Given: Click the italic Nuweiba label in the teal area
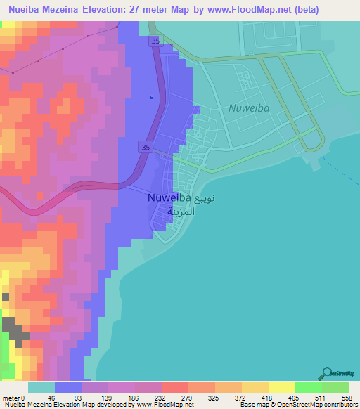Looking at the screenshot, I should pos(248,108).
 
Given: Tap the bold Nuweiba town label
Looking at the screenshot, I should pos(169,198).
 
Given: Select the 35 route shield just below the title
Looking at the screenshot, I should pos(154,42).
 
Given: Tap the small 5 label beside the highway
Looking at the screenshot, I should pos(150,97).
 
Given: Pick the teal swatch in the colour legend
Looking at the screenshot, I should pos(41,388).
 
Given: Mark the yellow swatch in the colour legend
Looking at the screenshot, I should pos(281,388).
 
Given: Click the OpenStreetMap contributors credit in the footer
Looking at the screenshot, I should pos(316,404).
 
